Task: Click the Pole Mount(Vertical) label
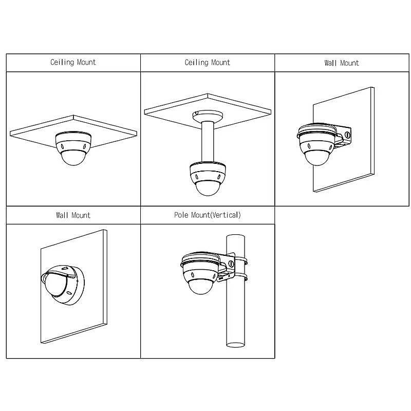(x=207, y=215)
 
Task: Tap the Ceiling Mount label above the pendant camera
(x=207, y=63)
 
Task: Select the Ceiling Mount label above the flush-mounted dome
(x=73, y=62)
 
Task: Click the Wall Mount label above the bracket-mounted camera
(x=342, y=63)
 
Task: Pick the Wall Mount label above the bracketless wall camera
(x=73, y=215)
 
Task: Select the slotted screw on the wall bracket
(x=347, y=136)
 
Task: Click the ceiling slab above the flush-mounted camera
(x=41, y=128)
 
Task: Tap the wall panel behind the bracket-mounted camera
(x=360, y=164)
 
